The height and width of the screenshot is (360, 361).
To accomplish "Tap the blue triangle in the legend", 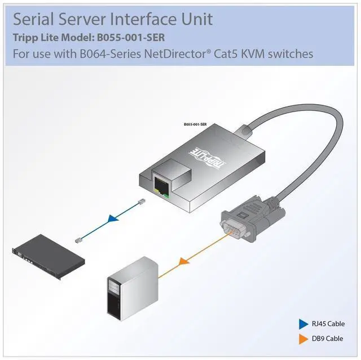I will (302, 324).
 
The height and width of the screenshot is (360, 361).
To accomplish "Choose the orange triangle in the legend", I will (302, 339).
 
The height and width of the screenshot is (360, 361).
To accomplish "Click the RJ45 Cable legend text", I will (327, 324).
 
